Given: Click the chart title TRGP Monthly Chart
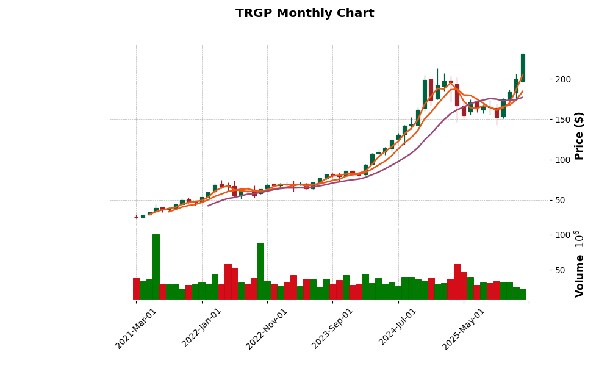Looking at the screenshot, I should (304, 13).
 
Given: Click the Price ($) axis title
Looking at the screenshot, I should (579, 135).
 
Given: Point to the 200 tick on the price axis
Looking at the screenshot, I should (563, 79).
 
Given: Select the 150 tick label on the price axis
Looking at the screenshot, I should (563, 120).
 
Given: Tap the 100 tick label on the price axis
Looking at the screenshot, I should (563, 160).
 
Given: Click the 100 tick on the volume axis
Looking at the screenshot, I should (563, 235).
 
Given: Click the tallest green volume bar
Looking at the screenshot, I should (156, 267).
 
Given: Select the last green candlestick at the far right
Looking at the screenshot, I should (523, 68).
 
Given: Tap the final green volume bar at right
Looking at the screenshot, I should (523, 294).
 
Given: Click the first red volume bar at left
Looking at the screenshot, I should (136, 289).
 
